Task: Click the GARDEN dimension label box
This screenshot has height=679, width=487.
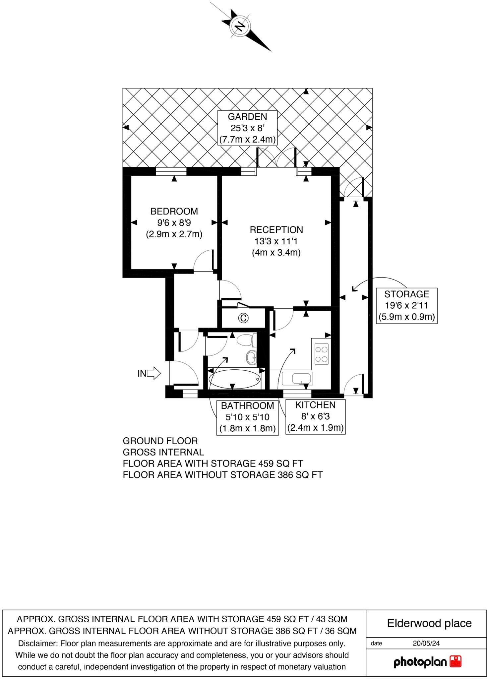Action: (247, 128)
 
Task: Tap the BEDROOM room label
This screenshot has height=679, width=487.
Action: (174, 212)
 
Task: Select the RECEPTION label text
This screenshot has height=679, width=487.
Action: (276, 230)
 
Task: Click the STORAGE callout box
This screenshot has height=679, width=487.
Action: (406, 305)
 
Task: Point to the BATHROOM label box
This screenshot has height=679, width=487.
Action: (247, 417)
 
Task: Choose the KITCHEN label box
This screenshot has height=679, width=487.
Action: (315, 416)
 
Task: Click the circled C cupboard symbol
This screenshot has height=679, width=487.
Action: (243, 318)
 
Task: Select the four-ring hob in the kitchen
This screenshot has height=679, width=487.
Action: (321, 354)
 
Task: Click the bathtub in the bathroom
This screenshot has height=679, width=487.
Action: (234, 379)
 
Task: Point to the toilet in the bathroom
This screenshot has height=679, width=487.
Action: (247, 340)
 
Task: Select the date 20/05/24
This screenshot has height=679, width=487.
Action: (426, 643)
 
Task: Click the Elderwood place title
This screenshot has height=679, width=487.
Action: (429, 623)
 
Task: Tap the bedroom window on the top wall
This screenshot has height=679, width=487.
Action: (171, 171)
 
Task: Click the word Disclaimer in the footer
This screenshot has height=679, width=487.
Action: (38, 644)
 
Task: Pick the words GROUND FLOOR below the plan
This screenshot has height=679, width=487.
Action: (160, 441)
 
